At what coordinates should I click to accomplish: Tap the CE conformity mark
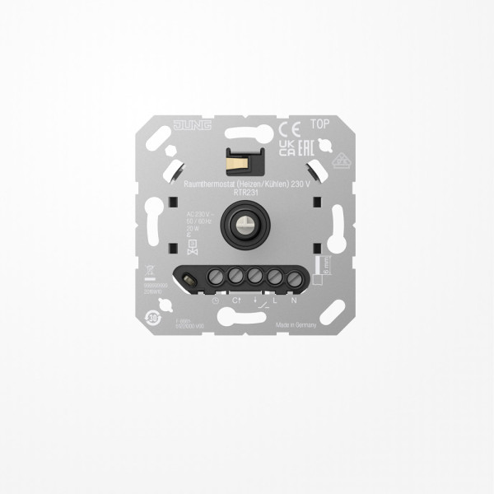tap(288, 128)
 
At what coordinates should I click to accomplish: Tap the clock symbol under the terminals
tap(216, 301)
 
